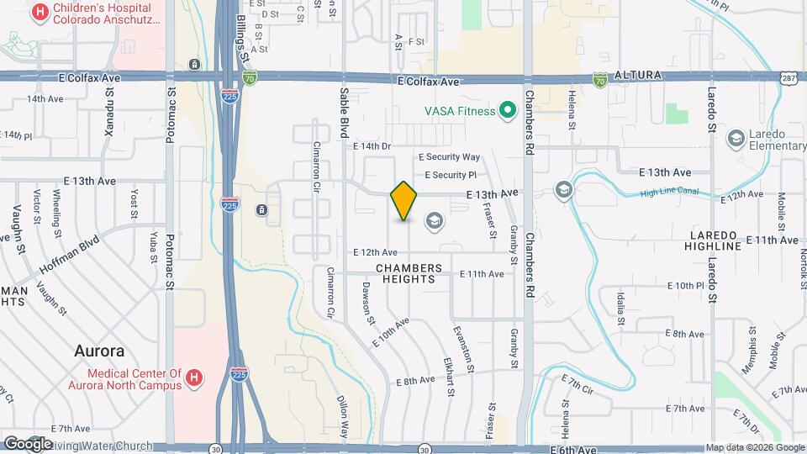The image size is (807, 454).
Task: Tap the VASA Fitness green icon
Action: coord(507,110)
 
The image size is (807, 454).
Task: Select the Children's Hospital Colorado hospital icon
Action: coord(39,12)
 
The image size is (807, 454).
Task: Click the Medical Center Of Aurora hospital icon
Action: coord(194,379)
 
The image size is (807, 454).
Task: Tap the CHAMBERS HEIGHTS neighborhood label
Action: coord(409,273)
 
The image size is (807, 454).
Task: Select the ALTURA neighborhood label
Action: coord(639,76)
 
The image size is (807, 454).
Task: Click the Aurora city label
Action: coord(99,351)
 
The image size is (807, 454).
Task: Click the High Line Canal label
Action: coord(669,193)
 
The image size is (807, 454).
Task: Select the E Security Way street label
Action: coord(450,157)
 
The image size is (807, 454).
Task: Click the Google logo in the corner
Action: coord(28,443)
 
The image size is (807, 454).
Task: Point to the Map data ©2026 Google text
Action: coord(753,447)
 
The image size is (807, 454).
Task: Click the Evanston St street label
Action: coord(462,350)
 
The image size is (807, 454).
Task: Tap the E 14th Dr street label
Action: coord(372,146)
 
